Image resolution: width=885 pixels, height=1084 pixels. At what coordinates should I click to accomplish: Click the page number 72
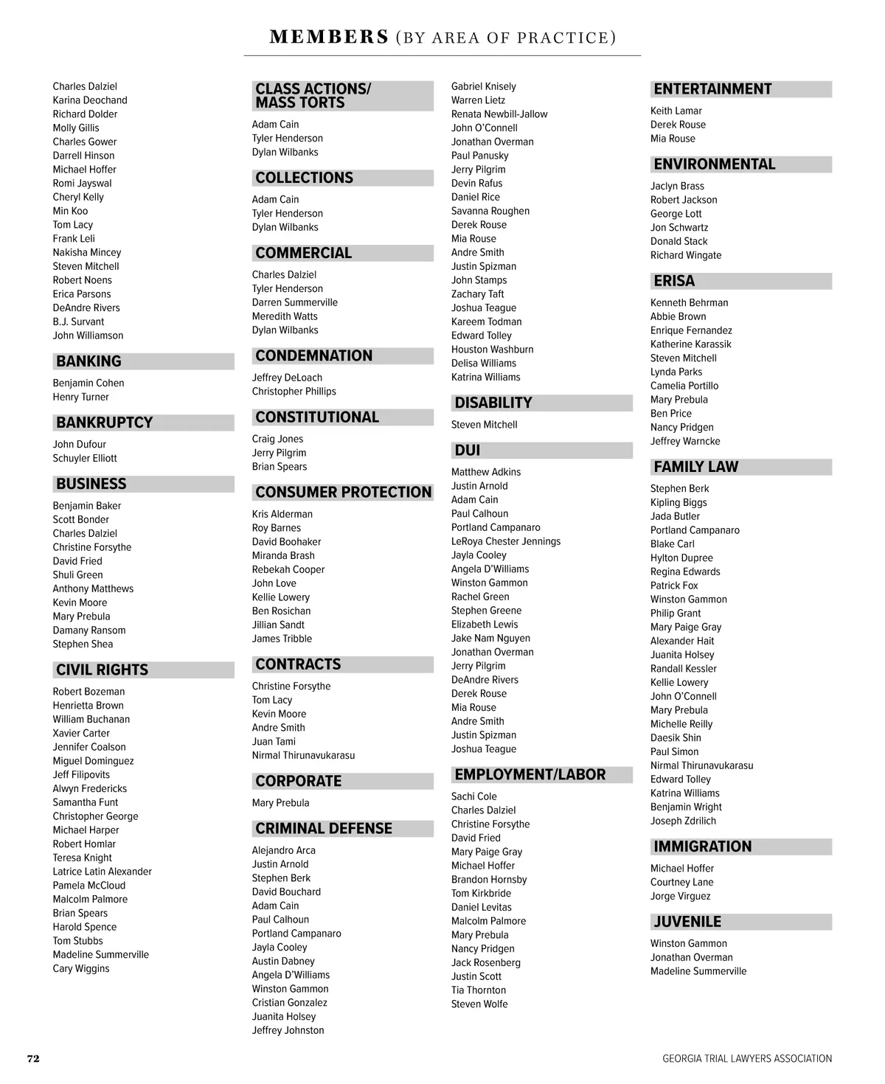(x=33, y=1058)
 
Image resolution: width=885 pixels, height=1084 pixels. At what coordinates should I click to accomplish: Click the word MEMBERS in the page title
(x=329, y=37)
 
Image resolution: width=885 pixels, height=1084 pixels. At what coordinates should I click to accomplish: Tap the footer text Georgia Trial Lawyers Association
(x=746, y=1058)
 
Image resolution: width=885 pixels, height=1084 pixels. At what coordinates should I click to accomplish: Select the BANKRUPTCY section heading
(x=105, y=423)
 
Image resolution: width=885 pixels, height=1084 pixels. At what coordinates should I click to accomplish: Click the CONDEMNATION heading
(x=313, y=355)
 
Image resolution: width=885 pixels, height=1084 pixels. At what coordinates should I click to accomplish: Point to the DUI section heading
(x=468, y=450)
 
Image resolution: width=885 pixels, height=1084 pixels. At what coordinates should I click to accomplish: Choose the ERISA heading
(x=674, y=281)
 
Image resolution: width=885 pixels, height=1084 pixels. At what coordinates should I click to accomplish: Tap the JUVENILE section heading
(x=687, y=922)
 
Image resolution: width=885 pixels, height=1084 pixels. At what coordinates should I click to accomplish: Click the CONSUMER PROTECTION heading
(x=343, y=492)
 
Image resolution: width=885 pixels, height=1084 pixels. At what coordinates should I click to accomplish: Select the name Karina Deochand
(x=90, y=100)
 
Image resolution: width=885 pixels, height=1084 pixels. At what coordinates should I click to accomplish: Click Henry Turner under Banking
(x=81, y=397)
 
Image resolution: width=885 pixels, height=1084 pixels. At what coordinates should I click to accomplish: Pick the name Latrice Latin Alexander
(x=103, y=872)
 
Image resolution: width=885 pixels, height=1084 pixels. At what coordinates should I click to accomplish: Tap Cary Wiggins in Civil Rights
(x=81, y=968)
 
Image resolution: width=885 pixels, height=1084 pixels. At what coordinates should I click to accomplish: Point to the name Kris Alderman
(x=282, y=514)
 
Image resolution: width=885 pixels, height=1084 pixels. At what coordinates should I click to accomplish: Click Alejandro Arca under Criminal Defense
(x=284, y=850)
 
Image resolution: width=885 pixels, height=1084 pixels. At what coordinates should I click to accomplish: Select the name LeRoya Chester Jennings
(x=506, y=541)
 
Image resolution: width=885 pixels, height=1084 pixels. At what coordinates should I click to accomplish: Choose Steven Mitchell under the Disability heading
(x=485, y=425)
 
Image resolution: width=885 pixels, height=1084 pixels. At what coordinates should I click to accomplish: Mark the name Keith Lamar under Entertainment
(x=676, y=111)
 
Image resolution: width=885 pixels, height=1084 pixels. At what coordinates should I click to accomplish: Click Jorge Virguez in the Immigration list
(x=681, y=896)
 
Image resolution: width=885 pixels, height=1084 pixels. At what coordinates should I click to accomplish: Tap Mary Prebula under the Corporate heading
(x=281, y=803)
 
